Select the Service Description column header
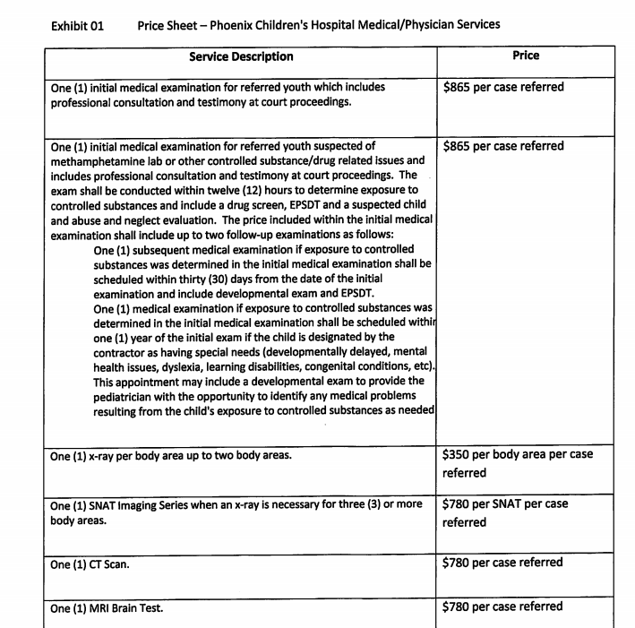[x=241, y=56]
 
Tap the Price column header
[x=526, y=56]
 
